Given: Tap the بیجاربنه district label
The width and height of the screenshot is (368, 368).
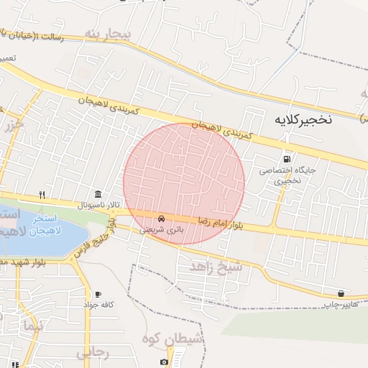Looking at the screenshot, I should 108,34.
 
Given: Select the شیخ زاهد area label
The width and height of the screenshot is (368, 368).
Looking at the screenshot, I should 216,267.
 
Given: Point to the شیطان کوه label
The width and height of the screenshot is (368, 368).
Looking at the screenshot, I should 173,338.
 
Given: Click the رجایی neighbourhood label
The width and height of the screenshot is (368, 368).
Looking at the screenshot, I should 91,353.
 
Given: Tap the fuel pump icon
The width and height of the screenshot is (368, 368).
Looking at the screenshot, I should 287,159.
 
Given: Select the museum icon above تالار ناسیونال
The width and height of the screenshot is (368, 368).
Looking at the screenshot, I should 98,194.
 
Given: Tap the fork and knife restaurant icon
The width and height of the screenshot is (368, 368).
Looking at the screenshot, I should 42,194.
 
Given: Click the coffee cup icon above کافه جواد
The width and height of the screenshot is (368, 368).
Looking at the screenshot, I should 98,294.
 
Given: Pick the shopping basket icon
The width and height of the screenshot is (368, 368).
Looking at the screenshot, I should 340,293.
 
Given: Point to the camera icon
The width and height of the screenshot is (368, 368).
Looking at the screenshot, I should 164,362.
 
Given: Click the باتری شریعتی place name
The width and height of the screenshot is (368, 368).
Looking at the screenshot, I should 161,229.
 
